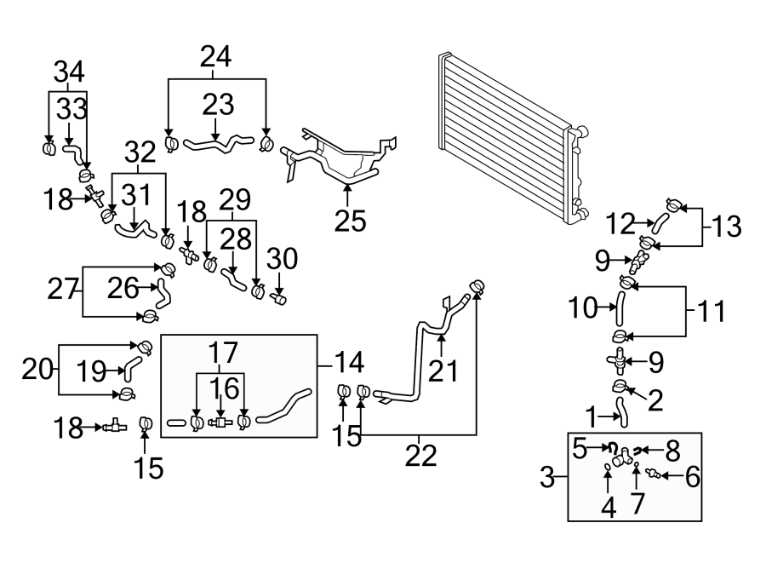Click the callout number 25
351,220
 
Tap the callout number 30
280,256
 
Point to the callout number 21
443,371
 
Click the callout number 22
420,457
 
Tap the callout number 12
623,224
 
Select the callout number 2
655,399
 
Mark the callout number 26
123,288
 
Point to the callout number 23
218,106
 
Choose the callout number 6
692,475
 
